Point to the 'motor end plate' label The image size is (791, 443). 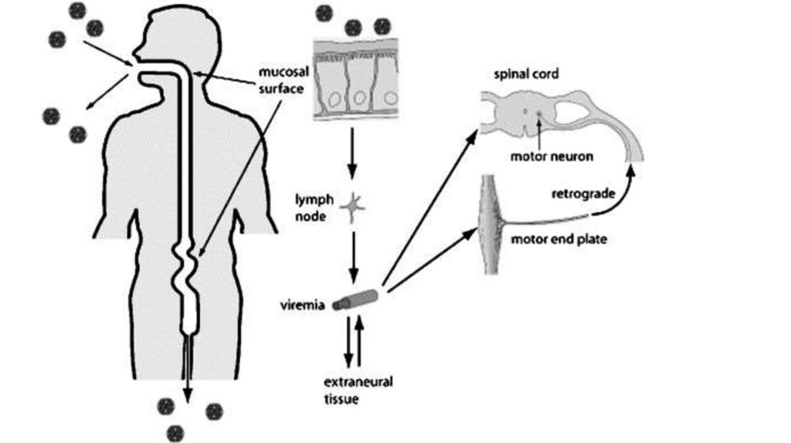click(x=558, y=239)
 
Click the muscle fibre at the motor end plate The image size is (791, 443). click(x=491, y=224)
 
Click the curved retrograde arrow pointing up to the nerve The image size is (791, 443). click(x=622, y=193)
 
